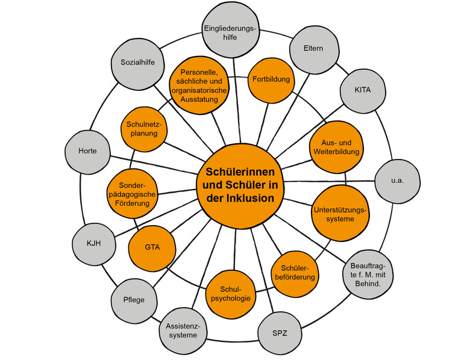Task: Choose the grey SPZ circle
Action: coord(279,332)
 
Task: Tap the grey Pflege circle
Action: coord(134,299)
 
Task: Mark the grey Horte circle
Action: coord(87,151)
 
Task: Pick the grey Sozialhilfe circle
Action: coord(134,61)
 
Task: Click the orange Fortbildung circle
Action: coord(271,79)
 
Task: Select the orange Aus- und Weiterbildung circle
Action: coord(336,146)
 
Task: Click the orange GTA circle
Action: coord(152,247)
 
